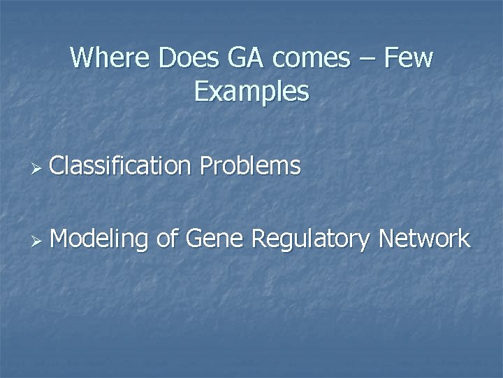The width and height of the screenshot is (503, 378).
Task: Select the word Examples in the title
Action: (251, 92)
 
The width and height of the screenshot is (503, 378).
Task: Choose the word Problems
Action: (250, 166)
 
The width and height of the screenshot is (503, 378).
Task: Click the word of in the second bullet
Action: (166, 239)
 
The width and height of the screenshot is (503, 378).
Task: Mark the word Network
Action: (424, 239)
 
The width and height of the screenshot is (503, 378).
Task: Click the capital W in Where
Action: (81, 57)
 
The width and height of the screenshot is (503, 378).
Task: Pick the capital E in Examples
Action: (201, 91)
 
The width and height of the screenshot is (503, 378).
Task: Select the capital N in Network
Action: (386, 239)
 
